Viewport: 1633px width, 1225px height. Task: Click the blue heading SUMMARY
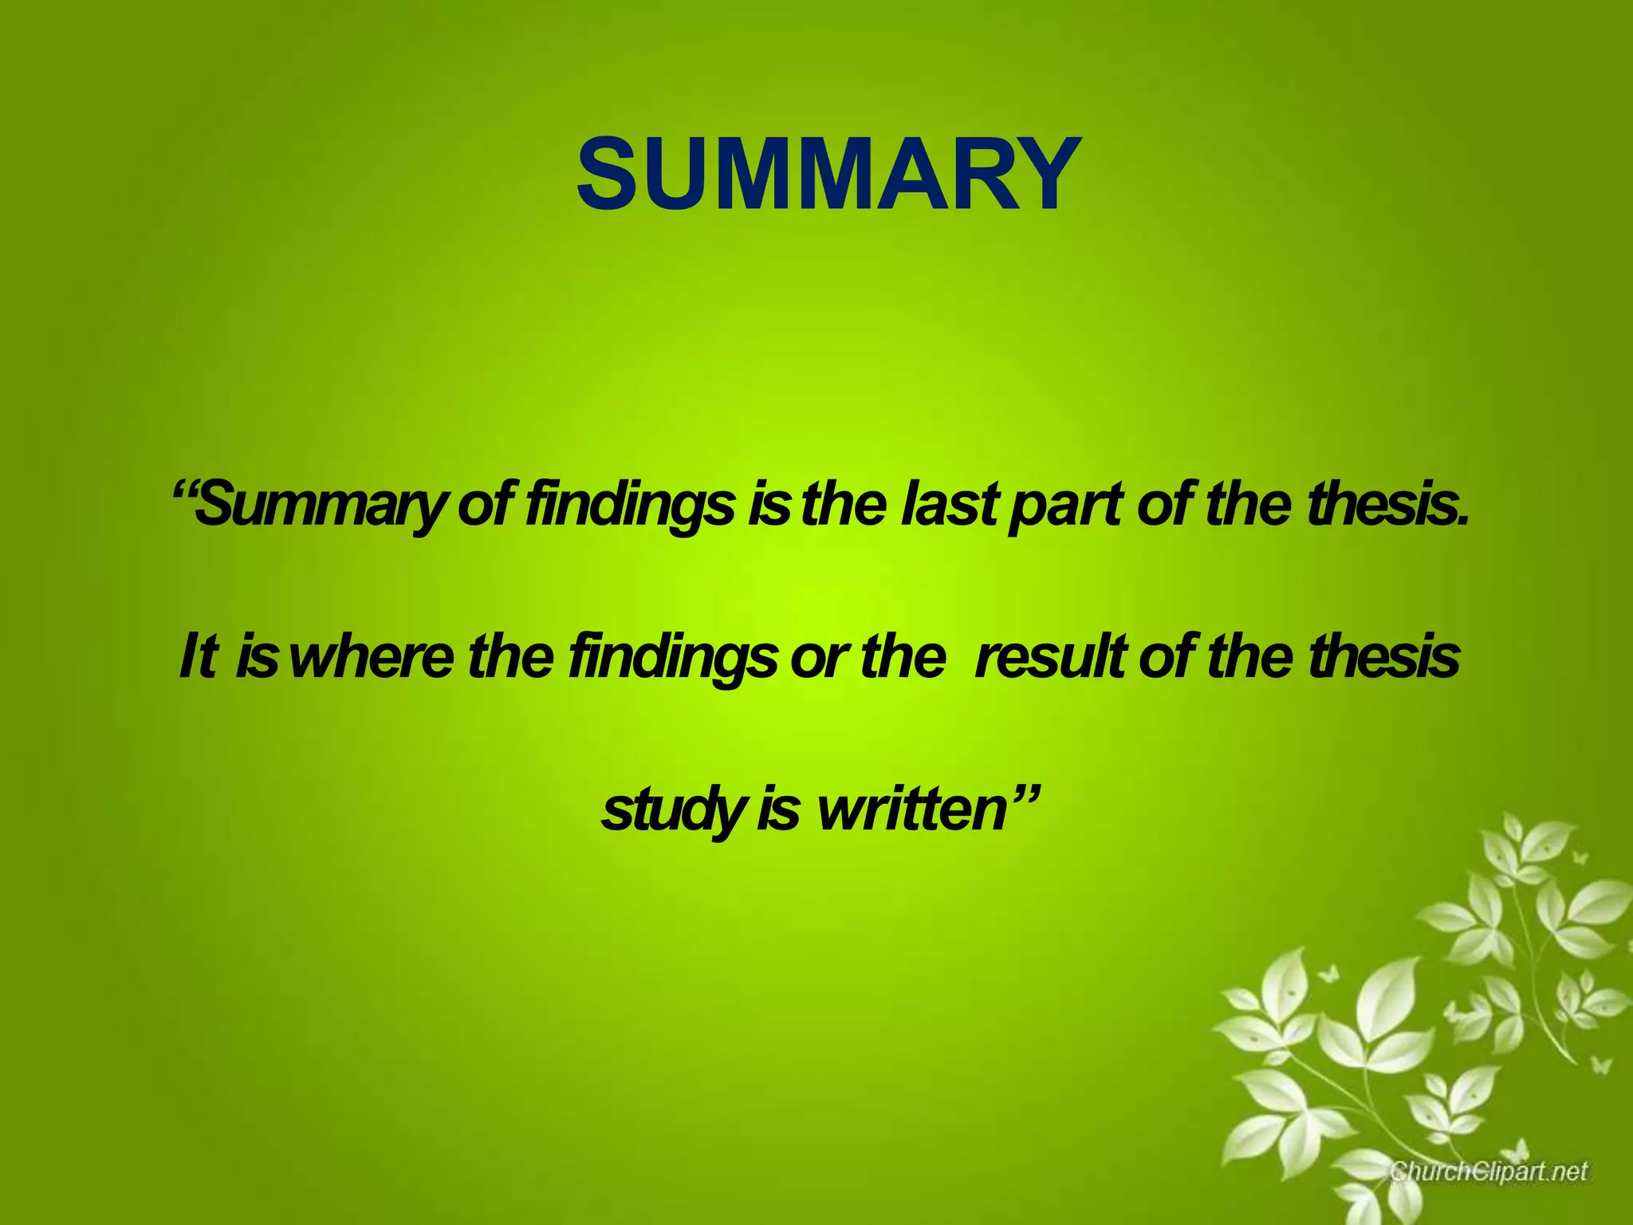(x=828, y=175)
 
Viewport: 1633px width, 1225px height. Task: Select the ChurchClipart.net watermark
(x=1489, y=1171)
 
